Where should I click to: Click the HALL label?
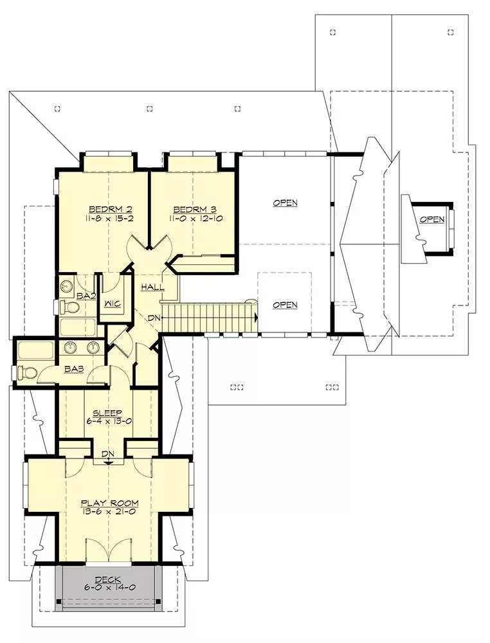(152, 287)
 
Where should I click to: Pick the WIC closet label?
(112, 304)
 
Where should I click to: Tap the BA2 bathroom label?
(87, 296)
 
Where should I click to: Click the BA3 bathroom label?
(74, 369)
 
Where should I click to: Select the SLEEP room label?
(107, 413)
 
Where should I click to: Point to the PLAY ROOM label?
(109, 503)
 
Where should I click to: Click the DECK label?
(108, 579)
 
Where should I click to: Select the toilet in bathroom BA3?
(28, 372)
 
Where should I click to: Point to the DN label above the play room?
(108, 453)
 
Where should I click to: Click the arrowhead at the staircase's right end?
(256, 317)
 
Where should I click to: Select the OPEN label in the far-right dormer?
(431, 220)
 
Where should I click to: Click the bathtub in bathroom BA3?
(35, 352)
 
